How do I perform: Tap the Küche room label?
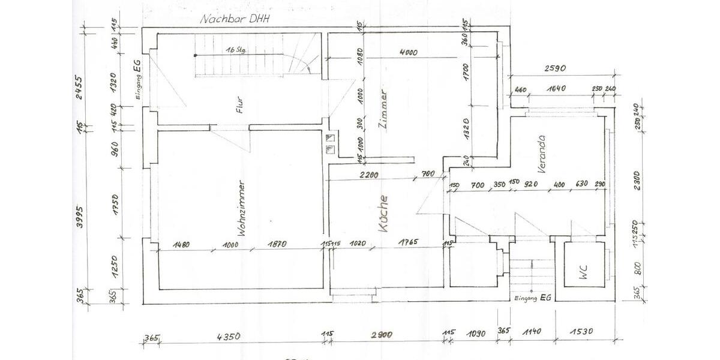[x=383, y=214]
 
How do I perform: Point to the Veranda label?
[x=541, y=154]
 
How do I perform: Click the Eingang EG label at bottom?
[x=533, y=297]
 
